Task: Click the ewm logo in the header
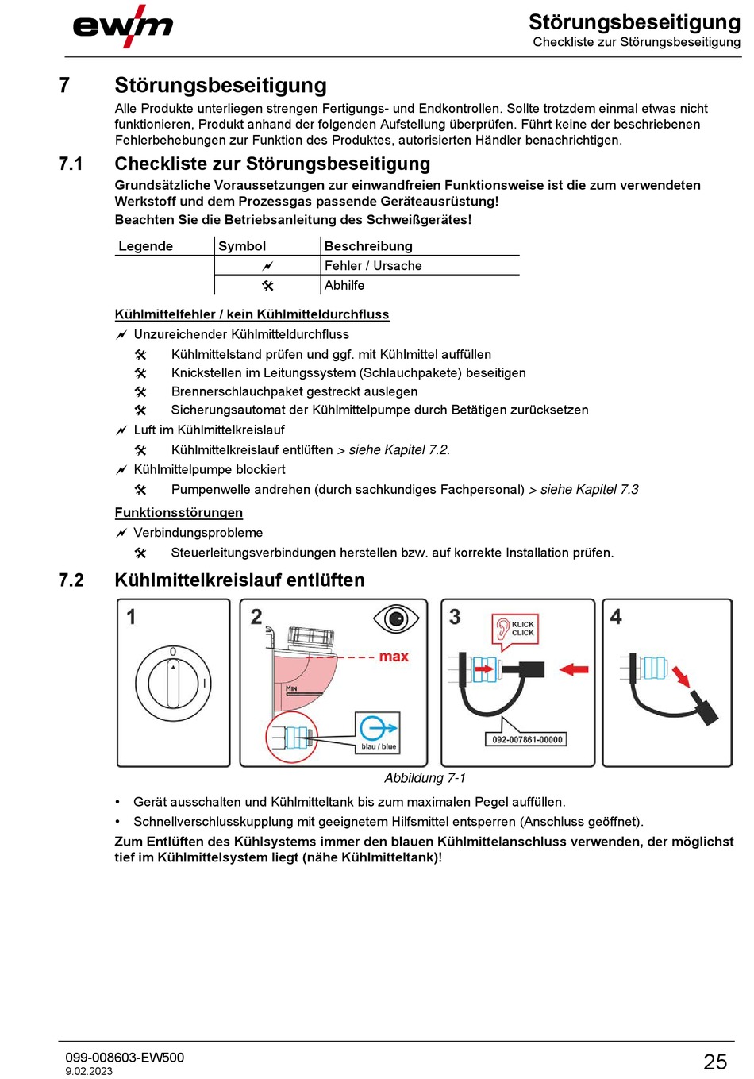pyautogui.click(x=122, y=26)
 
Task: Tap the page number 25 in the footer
pyautogui.click(x=714, y=1062)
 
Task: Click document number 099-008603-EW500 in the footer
pyautogui.click(x=125, y=1058)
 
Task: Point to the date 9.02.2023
pyautogui.click(x=89, y=1071)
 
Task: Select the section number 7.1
pyautogui.click(x=71, y=164)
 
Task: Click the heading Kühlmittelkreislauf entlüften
pyautogui.click(x=239, y=580)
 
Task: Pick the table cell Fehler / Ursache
pyautogui.click(x=373, y=266)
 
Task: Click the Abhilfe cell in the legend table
pyautogui.click(x=344, y=285)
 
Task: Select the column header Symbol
pyautogui.click(x=242, y=246)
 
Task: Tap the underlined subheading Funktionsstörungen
pyautogui.click(x=179, y=513)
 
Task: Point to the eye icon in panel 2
pyautogui.click(x=395, y=618)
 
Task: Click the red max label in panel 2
pyautogui.click(x=394, y=657)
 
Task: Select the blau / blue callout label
pyautogui.click(x=379, y=746)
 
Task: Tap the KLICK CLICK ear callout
pyautogui.click(x=514, y=629)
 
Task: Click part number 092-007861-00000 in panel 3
pyautogui.click(x=527, y=739)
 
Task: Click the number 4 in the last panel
pyautogui.click(x=616, y=617)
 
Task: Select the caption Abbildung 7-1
pyautogui.click(x=425, y=778)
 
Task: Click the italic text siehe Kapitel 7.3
pyautogui.click(x=589, y=490)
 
